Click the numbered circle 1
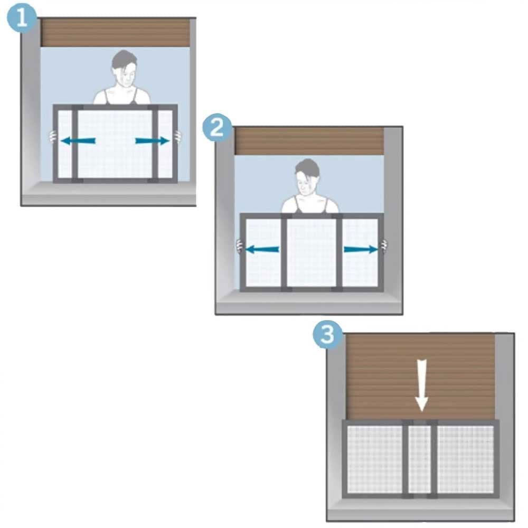(x=22, y=18)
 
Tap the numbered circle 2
(x=217, y=128)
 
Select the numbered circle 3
(x=328, y=335)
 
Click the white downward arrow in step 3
(x=421, y=385)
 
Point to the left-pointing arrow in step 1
(x=78, y=140)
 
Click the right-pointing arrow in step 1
(x=152, y=140)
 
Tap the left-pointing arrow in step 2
(x=262, y=250)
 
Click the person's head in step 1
(x=124, y=69)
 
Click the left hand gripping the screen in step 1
(x=52, y=137)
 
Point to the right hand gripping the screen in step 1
(x=178, y=136)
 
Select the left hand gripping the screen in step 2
(x=239, y=246)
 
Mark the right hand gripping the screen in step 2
(x=384, y=246)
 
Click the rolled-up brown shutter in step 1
(x=115, y=33)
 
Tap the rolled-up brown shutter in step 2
(x=309, y=141)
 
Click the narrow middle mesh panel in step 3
(x=420, y=459)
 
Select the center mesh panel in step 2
(x=312, y=253)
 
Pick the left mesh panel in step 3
(x=375, y=459)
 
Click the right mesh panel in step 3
(x=466, y=459)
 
